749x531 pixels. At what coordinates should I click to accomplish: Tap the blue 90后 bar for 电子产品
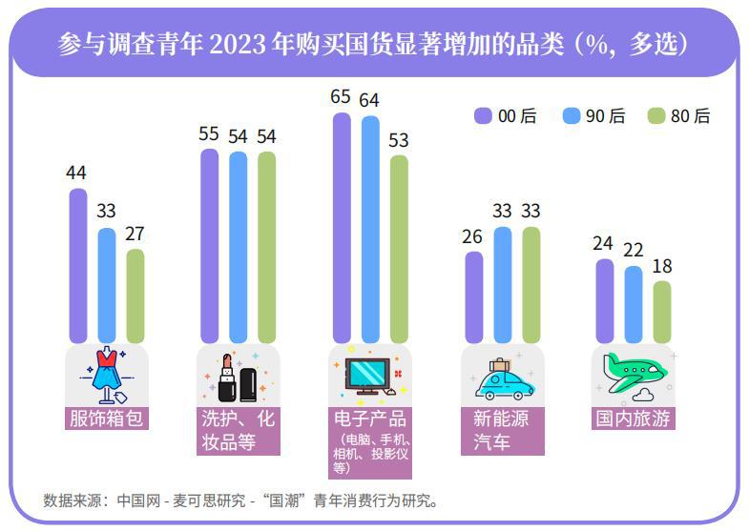click(x=370, y=229)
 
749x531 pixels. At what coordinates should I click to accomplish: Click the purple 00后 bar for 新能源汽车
click(x=473, y=296)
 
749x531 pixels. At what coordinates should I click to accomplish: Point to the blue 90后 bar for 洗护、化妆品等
click(x=238, y=247)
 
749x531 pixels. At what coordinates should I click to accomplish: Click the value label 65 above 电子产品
click(x=341, y=96)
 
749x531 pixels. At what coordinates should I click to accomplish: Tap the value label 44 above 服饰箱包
click(x=76, y=173)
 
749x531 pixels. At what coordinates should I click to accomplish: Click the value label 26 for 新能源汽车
click(x=472, y=235)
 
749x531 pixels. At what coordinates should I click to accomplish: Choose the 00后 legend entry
click(x=505, y=116)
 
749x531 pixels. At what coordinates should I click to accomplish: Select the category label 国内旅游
click(x=634, y=419)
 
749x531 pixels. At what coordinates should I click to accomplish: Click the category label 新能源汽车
click(x=502, y=430)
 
